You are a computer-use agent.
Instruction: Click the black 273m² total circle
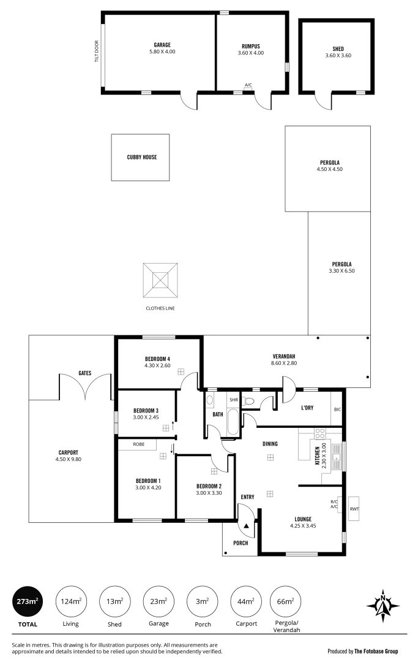pyautogui.click(x=28, y=601)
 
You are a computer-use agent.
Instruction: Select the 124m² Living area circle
pyautogui.click(x=71, y=601)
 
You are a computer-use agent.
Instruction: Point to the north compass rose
pyautogui.click(x=383, y=606)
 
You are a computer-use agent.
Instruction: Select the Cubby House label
pyautogui.click(x=141, y=157)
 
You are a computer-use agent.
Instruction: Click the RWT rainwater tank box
pyautogui.click(x=354, y=509)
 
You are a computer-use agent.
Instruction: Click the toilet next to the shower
pyautogui.click(x=248, y=401)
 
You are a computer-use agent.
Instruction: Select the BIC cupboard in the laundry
pyautogui.click(x=337, y=409)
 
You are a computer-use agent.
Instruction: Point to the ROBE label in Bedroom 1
pyautogui.click(x=138, y=444)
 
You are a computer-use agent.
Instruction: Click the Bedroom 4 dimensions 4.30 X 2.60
pyautogui.click(x=157, y=366)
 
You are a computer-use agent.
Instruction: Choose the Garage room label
pyautogui.click(x=162, y=45)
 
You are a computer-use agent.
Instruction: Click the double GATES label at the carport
pyautogui.click(x=85, y=373)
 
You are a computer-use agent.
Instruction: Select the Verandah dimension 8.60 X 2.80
pyautogui.click(x=284, y=363)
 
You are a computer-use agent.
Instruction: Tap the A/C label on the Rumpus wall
pyautogui.click(x=248, y=85)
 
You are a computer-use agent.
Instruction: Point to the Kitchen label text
pyautogui.click(x=316, y=456)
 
